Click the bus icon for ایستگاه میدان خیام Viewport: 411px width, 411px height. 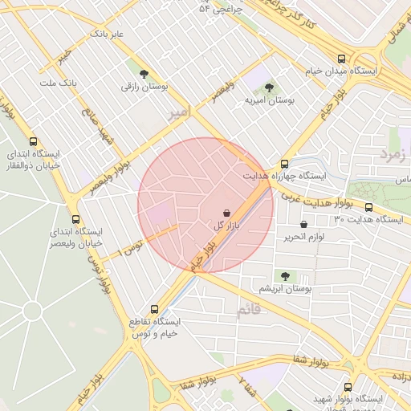342,59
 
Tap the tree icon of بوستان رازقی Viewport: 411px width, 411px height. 144,74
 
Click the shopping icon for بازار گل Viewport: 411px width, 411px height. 227,214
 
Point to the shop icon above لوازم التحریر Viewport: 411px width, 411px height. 303,225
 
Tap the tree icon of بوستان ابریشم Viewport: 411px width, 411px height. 286,275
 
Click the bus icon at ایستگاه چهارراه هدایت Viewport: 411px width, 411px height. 285,163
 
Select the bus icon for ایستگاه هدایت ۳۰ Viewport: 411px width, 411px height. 368,207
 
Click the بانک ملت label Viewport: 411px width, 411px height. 57,83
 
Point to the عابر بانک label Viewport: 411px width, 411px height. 108,34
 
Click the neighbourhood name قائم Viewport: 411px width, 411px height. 249,309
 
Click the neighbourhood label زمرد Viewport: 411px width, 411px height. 394,151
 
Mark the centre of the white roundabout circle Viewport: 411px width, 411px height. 32,311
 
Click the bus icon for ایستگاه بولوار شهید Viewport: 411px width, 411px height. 348,387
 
